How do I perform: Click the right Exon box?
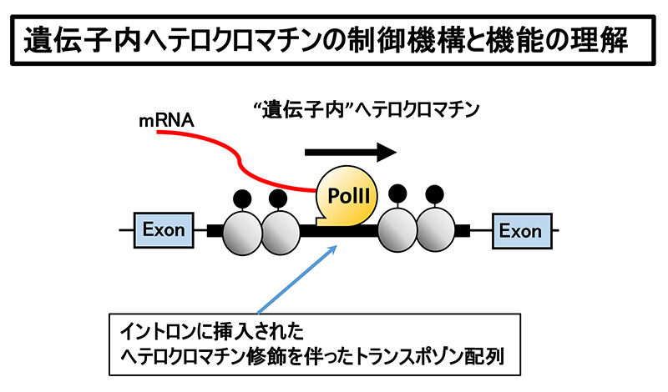click(520, 229)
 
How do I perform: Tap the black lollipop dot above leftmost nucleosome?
click(241, 197)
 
